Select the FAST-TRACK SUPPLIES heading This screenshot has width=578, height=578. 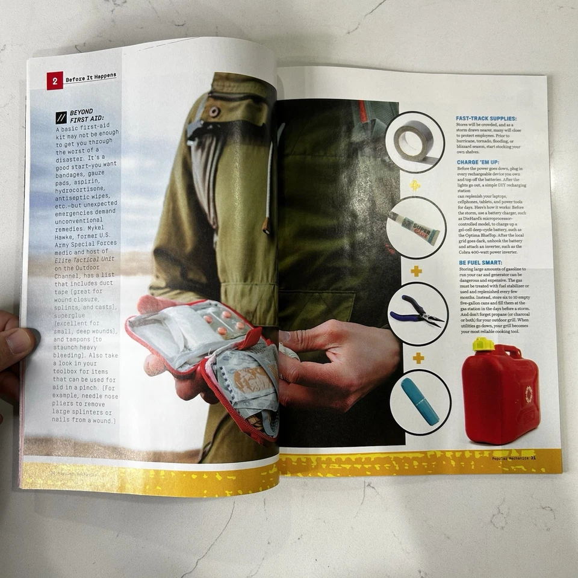486,119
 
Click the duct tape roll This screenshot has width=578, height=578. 414,141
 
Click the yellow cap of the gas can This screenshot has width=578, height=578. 483,345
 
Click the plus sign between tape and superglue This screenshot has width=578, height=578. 415,185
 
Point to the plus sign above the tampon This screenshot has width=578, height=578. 418,358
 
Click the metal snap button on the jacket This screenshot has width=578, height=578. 214,111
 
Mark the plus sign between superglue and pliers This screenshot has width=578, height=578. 416,272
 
